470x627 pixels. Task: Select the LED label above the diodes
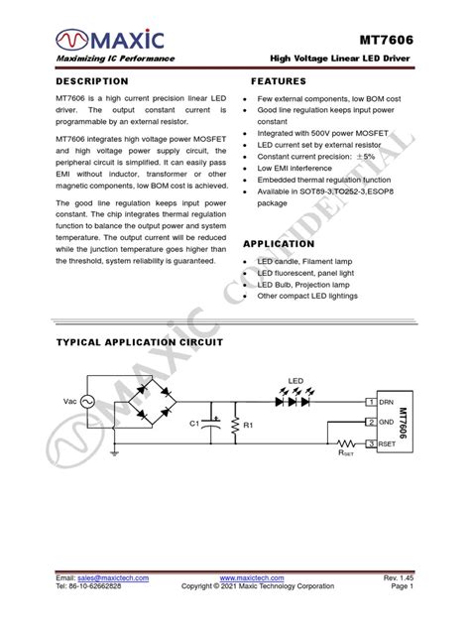pos(294,381)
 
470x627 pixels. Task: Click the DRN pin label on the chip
pos(387,402)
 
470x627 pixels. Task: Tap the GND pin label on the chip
pos(387,422)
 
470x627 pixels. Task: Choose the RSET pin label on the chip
pos(389,442)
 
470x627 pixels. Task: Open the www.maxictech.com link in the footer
pos(251,577)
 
